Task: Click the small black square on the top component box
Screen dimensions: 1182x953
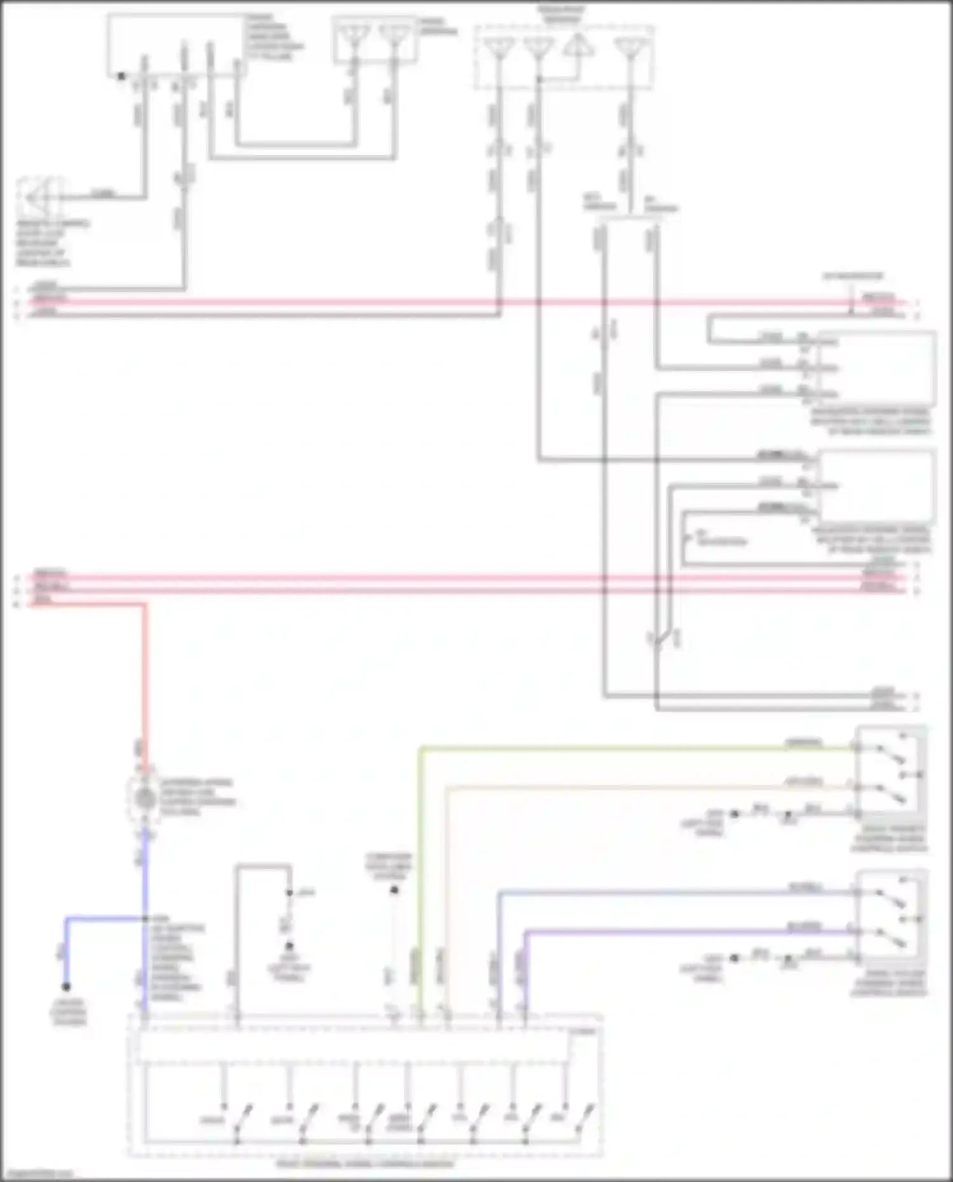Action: coord(121,76)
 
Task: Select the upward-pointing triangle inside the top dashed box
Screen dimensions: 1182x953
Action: coord(577,46)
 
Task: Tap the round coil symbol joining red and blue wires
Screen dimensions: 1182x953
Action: coord(145,798)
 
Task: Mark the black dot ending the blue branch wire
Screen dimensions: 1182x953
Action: coord(66,986)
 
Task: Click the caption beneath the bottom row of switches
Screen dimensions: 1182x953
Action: coord(365,1164)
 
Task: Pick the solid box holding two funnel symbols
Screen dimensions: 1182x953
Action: coord(375,39)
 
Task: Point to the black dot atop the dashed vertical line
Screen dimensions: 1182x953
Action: coord(394,890)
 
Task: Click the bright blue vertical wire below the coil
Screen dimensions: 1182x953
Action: coord(145,889)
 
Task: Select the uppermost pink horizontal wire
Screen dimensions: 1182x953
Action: coord(445,302)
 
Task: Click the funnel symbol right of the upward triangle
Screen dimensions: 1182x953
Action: coord(630,48)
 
